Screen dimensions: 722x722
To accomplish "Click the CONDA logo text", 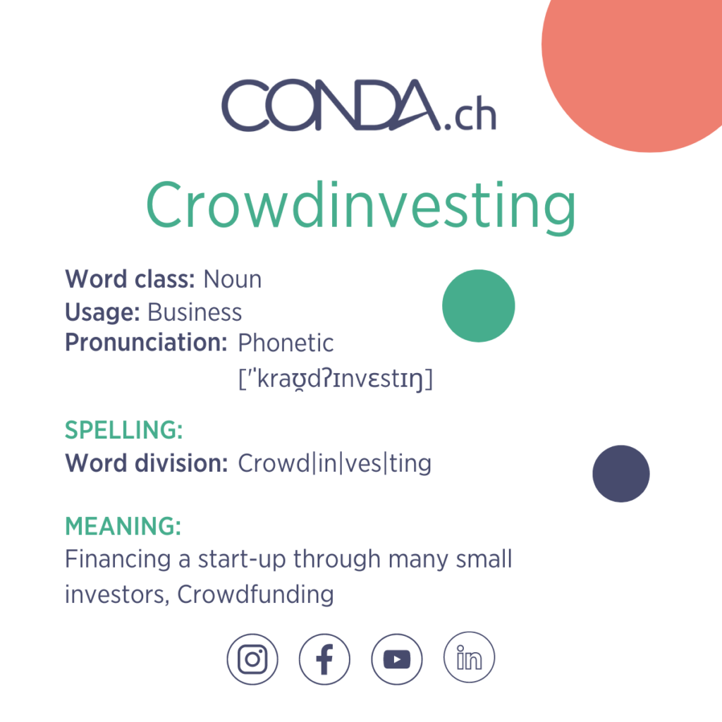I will (331, 106).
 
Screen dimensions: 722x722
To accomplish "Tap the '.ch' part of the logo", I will (470, 116).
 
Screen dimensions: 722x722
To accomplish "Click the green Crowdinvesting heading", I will (360, 205).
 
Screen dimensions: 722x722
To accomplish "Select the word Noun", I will (233, 280).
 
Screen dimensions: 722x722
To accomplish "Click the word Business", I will (195, 312).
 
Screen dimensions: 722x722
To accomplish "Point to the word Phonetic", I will (286, 343).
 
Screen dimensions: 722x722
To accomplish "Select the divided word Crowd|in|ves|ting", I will (334, 464).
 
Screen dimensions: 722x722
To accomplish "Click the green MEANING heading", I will (123, 526).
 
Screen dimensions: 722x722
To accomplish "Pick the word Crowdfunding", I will (255, 594).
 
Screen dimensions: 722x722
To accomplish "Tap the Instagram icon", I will (252, 659).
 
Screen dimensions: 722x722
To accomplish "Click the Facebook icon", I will (324, 659).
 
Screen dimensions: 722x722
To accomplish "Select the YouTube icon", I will (397, 659).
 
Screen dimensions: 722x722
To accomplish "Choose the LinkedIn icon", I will (469, 658).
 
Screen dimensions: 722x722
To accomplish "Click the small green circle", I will (479, 306).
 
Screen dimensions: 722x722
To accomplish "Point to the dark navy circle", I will (620, 474).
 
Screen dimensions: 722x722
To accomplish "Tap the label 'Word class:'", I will (130, 280).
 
